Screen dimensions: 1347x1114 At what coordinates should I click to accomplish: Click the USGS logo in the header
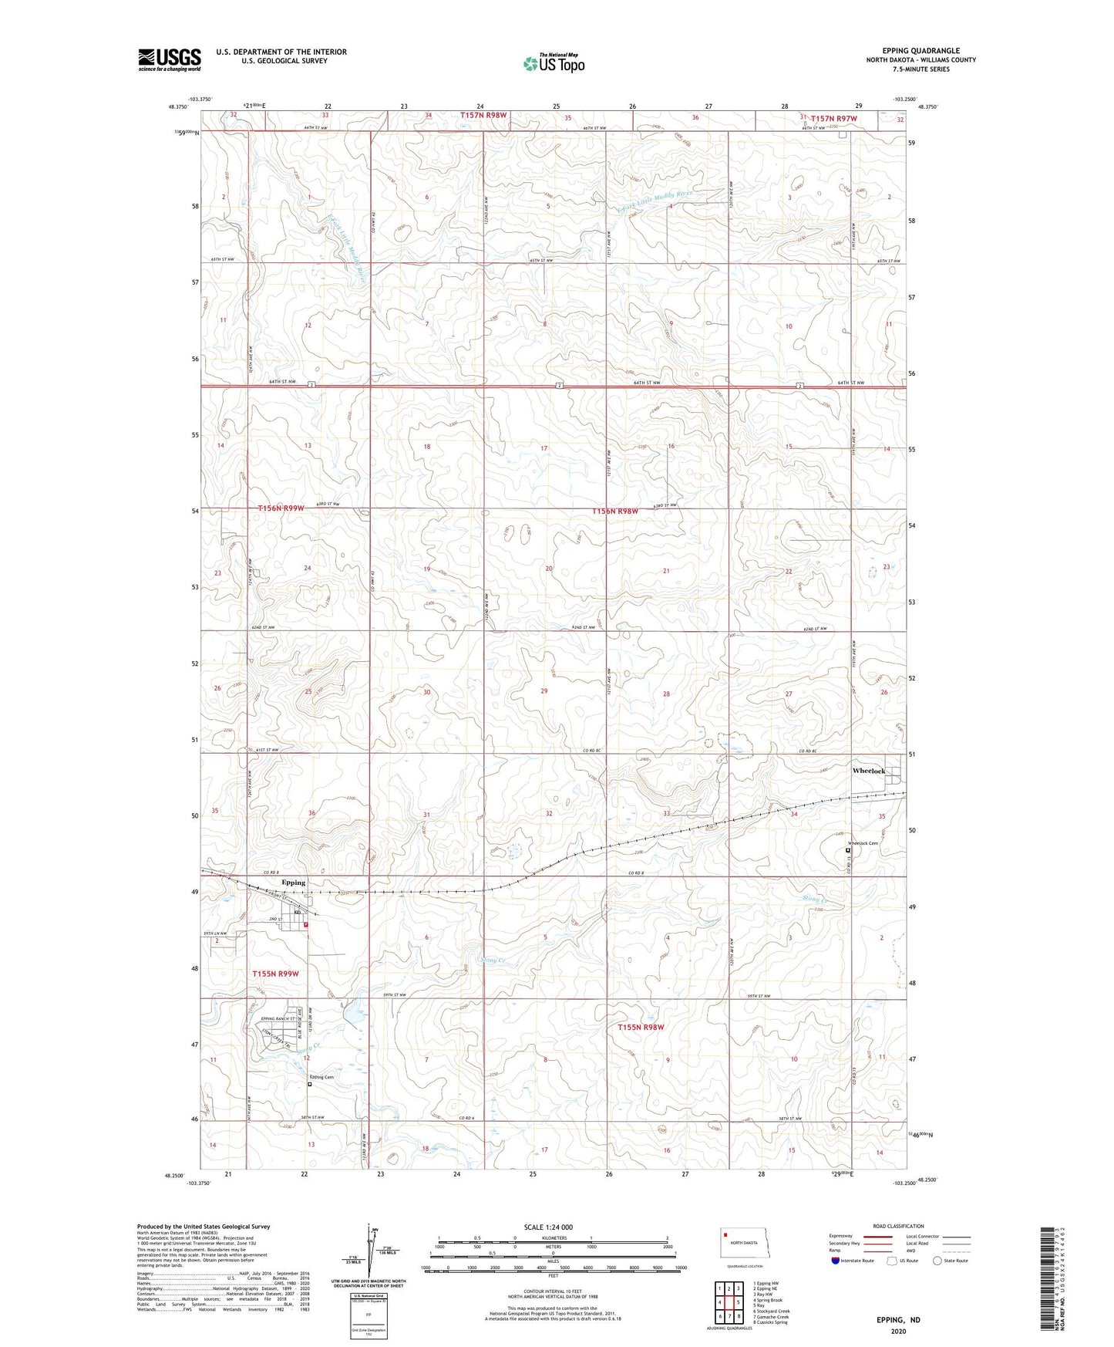tap(169, 59)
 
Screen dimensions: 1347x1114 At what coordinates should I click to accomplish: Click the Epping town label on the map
tap(293, 882)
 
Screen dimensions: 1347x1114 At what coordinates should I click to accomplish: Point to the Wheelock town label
tap(869, 771)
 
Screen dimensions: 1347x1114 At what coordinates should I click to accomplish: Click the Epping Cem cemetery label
tap(321, 1077)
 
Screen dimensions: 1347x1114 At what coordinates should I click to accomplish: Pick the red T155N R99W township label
tap(275, 974)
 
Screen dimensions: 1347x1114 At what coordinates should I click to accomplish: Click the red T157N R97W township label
tap(828, 118)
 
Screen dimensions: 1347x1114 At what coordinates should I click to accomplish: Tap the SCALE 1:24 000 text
tap(548, 1227)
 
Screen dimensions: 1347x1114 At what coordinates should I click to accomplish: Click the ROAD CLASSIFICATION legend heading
tap(898, 1226)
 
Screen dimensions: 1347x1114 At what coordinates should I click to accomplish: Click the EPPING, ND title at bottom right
tap(898, 1320)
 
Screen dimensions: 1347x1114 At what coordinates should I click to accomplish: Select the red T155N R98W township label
tap(641, 1027)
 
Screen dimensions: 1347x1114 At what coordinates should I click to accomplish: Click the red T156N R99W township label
tap(281, 508)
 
